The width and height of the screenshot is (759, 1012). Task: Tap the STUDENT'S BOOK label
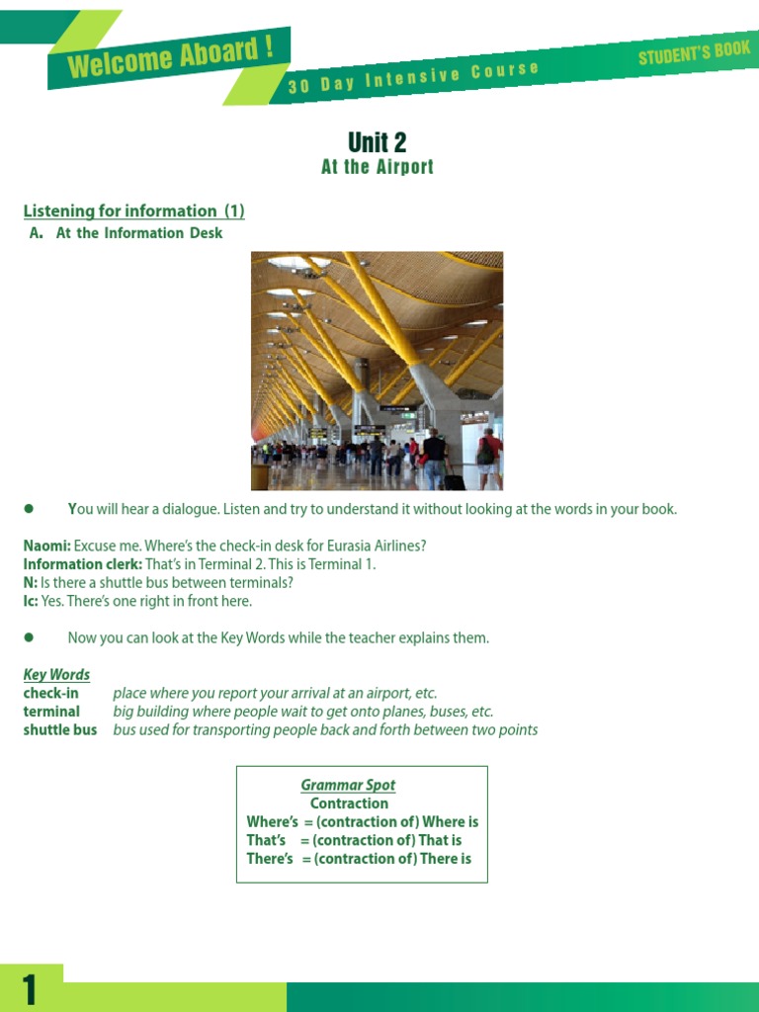694,53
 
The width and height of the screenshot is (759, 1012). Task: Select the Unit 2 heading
377,142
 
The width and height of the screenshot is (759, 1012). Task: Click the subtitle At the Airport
378,167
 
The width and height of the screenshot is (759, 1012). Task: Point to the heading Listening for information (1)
133,211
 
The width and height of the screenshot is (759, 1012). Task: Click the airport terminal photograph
377,371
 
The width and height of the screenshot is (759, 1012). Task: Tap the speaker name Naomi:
46,546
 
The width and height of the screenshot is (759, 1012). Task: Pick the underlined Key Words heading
56,675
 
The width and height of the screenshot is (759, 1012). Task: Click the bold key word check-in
50,693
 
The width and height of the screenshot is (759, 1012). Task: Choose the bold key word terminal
51,712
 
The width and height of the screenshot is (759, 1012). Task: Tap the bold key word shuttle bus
60,730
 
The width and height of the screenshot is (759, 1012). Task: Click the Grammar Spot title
348,785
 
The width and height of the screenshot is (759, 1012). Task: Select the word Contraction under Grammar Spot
349,803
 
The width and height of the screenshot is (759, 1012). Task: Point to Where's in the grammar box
272,822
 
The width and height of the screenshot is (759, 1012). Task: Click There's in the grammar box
270,859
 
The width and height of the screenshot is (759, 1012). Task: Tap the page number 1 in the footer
29,990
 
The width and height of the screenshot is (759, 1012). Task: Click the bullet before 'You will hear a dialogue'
29,509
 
